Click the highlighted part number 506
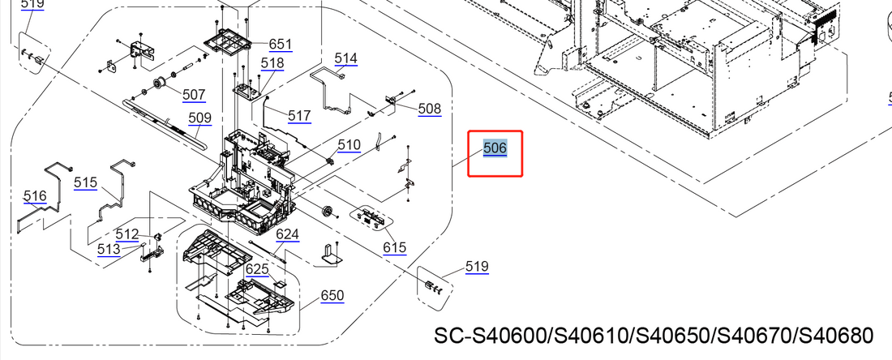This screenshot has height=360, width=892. click(495, 148)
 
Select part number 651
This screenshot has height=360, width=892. click(281, 44)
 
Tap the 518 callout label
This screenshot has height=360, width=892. click(272, 63)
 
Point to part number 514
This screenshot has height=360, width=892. click(345, 58)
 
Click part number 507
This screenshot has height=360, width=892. click(194, 95)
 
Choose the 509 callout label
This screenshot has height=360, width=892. click(199, 118)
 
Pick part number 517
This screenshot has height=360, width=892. click(299, 116)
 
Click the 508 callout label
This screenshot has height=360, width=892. click(430, 109)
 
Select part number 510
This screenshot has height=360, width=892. click(350, 145)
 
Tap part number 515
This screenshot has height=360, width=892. click(85, 182)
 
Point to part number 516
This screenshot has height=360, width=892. click(35, 196)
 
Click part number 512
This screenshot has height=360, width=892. click(127, 234)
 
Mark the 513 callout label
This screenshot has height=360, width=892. click(109, 250)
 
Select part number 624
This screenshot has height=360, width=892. click(287, 235)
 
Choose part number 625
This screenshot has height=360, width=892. click(257, 268)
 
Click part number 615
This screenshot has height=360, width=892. click(395, 247)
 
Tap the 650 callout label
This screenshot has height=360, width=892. click(332, 296)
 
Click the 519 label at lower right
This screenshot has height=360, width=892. click(477, 267)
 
